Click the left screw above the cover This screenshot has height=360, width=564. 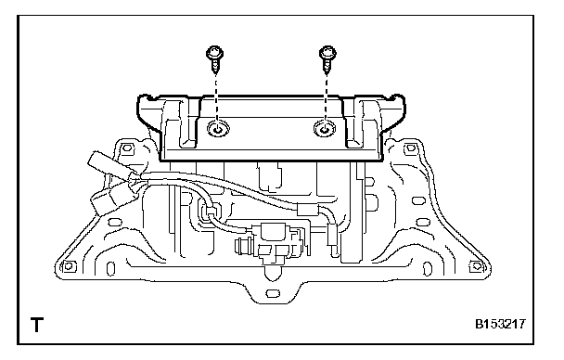click(x=215, y=59)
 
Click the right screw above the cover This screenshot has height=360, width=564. click(x=327, y=59)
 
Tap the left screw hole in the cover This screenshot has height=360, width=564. click(x=218, y=128)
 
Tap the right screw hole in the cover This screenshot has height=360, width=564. click(x=325, y=128)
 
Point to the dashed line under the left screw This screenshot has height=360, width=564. click(x=216, y=101)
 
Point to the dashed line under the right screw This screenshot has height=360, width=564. click(x=327, y=101)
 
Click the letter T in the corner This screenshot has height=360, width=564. click(x=37, y=325)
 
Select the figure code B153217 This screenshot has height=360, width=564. click(x=500, y=324)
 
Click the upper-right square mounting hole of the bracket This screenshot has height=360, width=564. click(x=410, y=148)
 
